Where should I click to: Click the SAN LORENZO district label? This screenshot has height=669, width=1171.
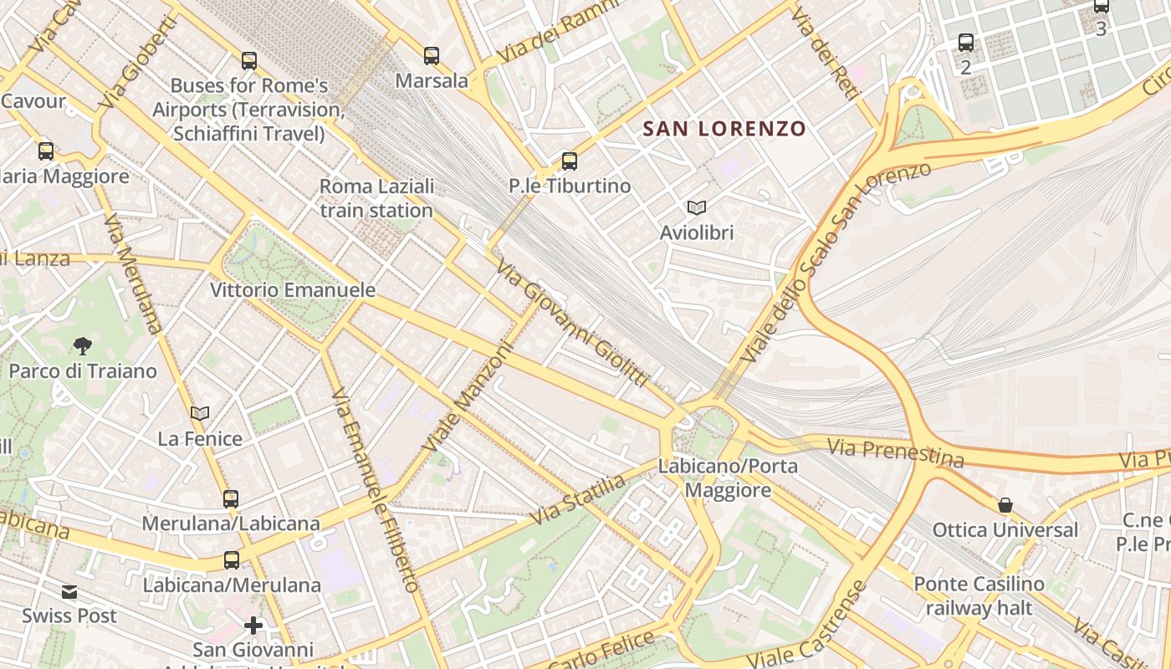(724, 129)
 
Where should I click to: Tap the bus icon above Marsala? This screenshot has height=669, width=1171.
(432, 56)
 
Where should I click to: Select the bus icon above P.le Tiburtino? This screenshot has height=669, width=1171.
(570, 161)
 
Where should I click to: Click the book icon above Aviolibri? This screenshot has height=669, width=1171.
(696, 207)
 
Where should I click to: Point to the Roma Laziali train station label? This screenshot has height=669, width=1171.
(376, 198)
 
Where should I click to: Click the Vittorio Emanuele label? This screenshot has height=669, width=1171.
(293, 290)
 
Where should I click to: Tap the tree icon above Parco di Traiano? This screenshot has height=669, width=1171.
(82, 345)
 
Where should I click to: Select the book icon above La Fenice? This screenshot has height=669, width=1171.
(200, 413)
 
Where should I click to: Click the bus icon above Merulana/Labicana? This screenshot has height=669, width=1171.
(231, 499)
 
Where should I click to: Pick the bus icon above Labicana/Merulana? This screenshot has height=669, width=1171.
(232, 560)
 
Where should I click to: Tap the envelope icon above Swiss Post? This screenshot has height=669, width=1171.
(69, 592)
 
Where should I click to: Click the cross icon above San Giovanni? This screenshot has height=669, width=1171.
(253, 625)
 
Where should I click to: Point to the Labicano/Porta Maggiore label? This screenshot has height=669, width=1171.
(729, 477)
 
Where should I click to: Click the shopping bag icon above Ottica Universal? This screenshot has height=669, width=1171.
(1005, 505)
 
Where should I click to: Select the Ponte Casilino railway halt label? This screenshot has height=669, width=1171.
(979, 595)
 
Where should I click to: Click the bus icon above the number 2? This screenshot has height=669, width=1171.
(966, 42)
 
